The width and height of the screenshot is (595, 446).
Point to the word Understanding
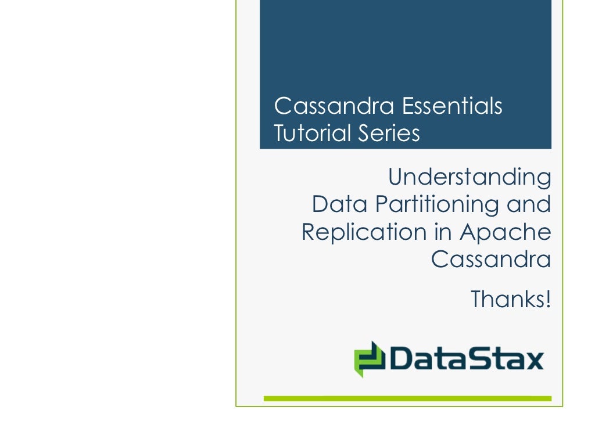point(469,177)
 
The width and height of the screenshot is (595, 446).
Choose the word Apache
point(506,232)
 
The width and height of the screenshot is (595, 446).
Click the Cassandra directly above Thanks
point(491,259)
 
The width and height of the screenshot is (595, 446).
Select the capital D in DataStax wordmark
point(401,359)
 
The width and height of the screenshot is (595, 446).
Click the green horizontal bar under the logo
point(407,398)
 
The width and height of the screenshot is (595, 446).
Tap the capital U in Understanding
point(396,177)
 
